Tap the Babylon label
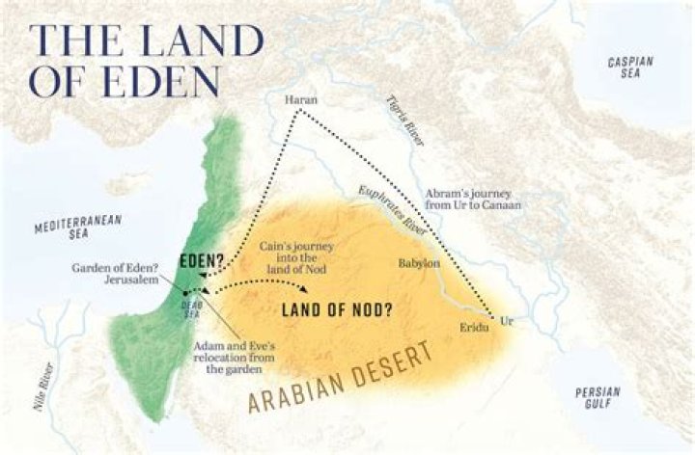(420, 263)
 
